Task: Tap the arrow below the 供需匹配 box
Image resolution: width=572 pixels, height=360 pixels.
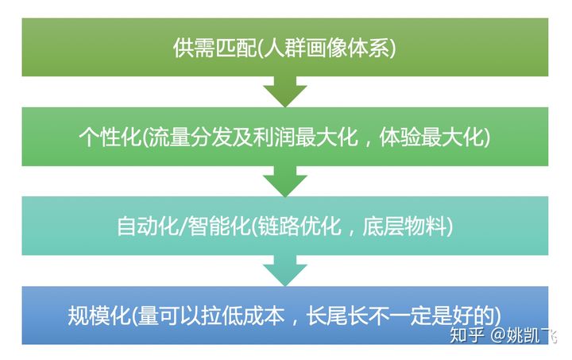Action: pyautogui.click(x=284, y=91)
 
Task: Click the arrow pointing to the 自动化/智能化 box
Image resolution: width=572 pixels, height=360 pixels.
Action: pyautogui.click(x=284, y=182)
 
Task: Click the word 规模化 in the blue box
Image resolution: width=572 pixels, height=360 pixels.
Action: pyautogui.click(x=97, y=315)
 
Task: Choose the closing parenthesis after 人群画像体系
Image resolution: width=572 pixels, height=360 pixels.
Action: pyautogui.click(x=392, y=48)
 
